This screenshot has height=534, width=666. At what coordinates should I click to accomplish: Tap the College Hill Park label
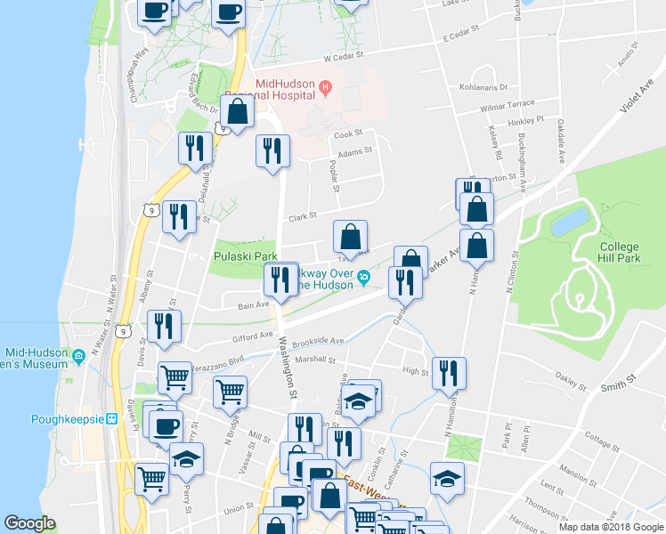click(620, 252)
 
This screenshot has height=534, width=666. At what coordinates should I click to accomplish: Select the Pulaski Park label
click(246, 256)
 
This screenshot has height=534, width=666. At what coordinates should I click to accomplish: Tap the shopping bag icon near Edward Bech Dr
click(238, 112)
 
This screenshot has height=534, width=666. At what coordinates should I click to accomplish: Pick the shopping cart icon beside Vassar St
click(230, 391)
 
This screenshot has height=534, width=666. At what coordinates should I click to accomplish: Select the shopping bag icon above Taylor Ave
click(351, 237)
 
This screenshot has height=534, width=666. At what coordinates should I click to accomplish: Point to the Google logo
click(30, 524)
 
